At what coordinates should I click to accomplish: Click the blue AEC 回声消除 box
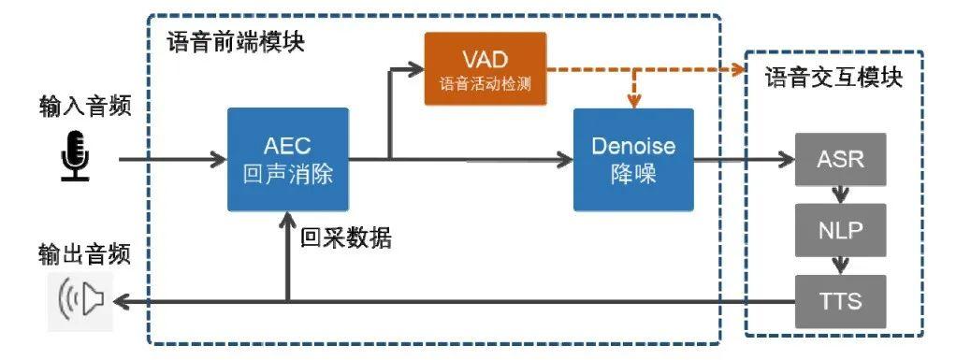pyautogui.click(x=288, y=160)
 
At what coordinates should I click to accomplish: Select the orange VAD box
pyautogui.click(x=485, y=68)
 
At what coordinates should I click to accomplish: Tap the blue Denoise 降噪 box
pyautogui.click(x=633, y=160)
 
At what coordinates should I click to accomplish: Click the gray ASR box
pyautogui.click(x=840, y=160)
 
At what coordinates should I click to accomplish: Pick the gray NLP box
pyautogui.click(x=840, y=230)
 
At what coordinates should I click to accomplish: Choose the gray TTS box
pyautogui.click(x=840, y=301)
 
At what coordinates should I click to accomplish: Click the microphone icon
pyautogui.click(x=75, y=155)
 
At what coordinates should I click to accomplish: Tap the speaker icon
pyautogui.click(x=80, y=300)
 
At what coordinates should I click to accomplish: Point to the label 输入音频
pyautogui.click(x=85, y=107)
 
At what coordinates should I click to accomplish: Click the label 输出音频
pyautogui.click(x=85, y=254)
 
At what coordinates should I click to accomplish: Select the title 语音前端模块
pyautogui.click(x=236, y=42)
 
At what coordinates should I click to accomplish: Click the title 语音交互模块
pyautogui.click(x=833, y=79)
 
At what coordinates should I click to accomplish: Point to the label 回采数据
pyautogui.click(x=346, y=238)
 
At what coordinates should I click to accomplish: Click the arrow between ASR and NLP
pyautogui.click(x=840, y=194)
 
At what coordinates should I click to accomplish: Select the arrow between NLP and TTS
pyautogui.click(x=840, y=266)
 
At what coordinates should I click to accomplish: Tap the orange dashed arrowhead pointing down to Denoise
pyautogui.click(x=633, y=102)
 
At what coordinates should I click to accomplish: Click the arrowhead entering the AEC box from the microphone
pyautogui.click(x=219, y=160)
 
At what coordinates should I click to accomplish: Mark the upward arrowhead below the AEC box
pyautogui.click(x=287, y=219)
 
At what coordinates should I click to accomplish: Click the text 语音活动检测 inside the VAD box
pyautogui.click(x=485, y=84)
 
